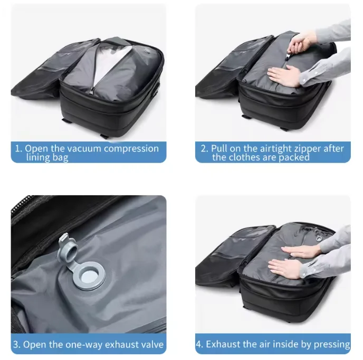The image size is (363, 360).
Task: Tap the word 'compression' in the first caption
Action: [131, 148]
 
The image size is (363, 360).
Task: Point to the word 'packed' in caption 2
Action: [294, 158]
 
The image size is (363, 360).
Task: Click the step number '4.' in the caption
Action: [199, 344]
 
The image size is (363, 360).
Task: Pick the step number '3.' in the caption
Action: [17, 345]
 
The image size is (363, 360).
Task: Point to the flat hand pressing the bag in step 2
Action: [284, 76]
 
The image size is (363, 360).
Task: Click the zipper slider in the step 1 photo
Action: [92, 90]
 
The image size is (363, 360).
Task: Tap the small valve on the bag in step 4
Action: [319, 238]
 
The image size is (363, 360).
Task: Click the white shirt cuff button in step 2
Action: [304, 80]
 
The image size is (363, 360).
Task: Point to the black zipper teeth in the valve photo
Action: [21, 204]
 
